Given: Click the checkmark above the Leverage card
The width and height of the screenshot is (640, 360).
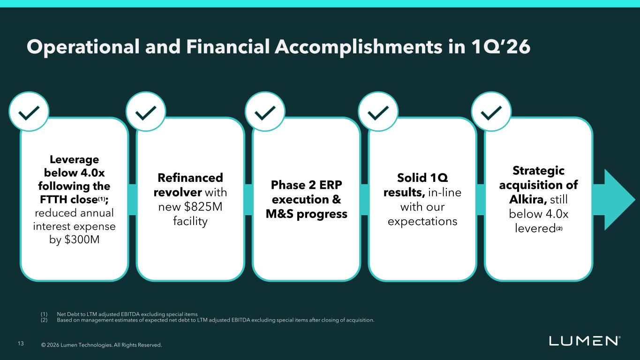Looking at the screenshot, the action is pyautogui.click(x=29, y=113).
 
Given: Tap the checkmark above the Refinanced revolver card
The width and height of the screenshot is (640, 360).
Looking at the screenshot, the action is pyautogui.click(x=146, y=113).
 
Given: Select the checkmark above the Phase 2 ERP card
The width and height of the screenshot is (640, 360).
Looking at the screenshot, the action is pyautogui.click(x=265, y=113).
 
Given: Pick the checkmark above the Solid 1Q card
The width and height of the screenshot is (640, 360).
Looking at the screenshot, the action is pyautogui.click(x=378, y=113).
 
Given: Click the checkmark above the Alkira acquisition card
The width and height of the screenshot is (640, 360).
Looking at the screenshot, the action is pyautogui.click(x=491, y=113).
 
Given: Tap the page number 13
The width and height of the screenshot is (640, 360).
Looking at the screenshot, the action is pyautogui.click(x=21, y=344).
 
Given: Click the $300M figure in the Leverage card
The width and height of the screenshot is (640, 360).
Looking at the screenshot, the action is pyautogui.click(x=82, y=240).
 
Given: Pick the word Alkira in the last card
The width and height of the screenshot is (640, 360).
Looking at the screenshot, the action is pyautogui.click(x=528, y=199).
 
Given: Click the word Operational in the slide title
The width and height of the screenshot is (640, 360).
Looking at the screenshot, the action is pyautogui.click(x=83, y=47).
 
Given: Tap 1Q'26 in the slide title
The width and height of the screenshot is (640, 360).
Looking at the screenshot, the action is pyautogui.click(x=501, y=46).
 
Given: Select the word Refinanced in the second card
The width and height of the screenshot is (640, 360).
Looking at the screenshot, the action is pyautogui.click(x=190, y=178).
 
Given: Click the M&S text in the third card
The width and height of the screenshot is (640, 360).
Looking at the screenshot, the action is pyautogui.click(x=279, y=214).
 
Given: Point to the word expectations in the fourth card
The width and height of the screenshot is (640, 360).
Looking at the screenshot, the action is pyautogui.click(x=422, y=221).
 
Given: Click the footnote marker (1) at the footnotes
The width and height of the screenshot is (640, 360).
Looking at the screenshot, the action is pyautogui.click(x=44, y=314).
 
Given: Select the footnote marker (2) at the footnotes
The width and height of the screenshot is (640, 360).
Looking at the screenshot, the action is pyautogui.click(x=44, y=320).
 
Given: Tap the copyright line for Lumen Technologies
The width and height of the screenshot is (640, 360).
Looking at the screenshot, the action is pyautogui.click(x=101, y=345).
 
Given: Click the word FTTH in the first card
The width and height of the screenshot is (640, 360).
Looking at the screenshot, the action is pyautogui.click(x=54, y=199).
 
